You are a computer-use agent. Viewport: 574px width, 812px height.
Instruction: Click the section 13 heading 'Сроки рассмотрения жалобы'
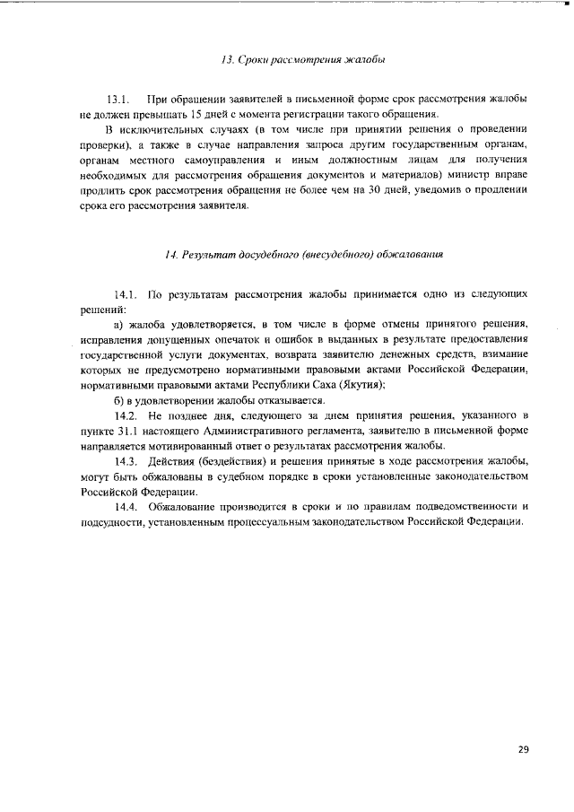tap(302, 60)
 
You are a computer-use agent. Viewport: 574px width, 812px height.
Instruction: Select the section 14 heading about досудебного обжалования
tap(304, 255)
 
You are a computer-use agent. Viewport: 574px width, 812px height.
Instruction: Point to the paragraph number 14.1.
tap(126, 294)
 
